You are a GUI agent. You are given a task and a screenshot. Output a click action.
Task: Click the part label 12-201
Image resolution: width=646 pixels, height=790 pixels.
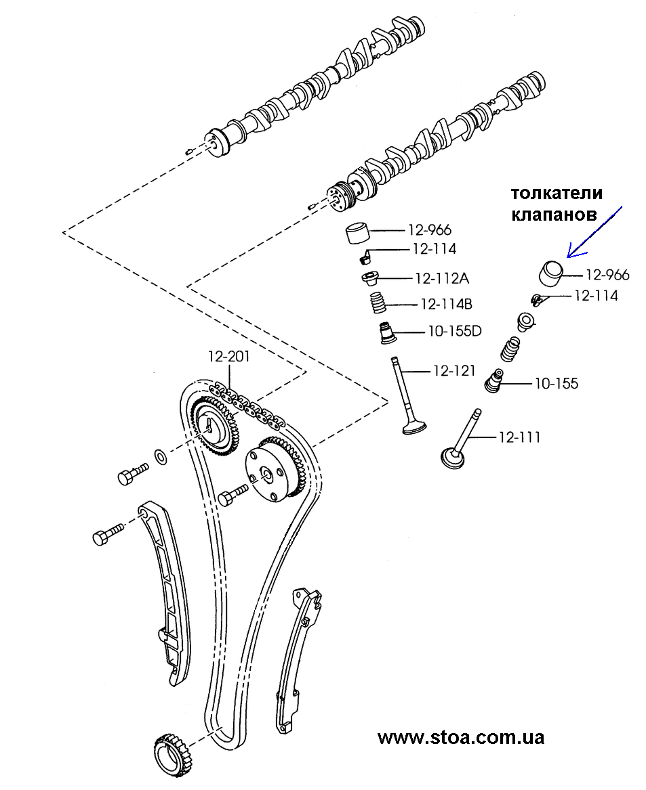tap(228, 357)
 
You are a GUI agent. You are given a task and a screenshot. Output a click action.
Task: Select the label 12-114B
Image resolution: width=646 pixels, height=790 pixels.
tap(446, 305)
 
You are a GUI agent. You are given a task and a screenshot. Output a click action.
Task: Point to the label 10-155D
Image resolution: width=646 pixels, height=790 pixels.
tap(453, 332)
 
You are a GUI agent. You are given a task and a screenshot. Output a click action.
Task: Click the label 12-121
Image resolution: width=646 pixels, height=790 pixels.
tap(454, 371)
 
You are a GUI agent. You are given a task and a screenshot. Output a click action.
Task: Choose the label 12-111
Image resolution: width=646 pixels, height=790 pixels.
tap(519, 437)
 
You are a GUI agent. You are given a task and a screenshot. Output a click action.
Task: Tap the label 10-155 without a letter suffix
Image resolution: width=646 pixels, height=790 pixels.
tap(556, 384)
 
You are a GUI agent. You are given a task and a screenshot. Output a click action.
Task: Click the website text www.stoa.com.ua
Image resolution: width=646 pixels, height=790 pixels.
tap(460, 737)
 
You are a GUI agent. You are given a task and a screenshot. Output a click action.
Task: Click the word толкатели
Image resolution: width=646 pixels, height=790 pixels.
tap(557, 194)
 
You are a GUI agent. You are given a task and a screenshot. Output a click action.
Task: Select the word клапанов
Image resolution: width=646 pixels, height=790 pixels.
tap(554, 215)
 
